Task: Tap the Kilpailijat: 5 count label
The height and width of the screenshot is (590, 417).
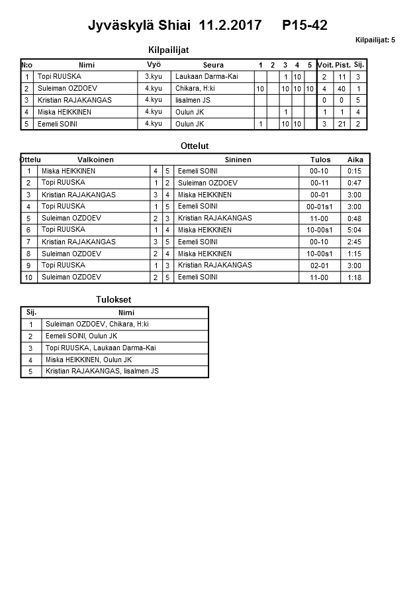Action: coord(375,40)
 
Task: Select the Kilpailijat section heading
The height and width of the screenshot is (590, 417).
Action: coord(173,50)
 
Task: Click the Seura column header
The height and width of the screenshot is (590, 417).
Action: coord(213,65)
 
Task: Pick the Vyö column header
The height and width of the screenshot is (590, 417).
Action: coord(154,65)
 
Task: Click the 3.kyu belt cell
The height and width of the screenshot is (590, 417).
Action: coord(154,77)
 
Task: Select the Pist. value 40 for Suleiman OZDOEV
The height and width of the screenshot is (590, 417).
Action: coord(342,89)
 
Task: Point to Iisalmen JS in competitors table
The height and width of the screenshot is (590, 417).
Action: coord(194,101)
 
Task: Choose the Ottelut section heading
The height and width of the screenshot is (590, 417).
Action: coord(195,146)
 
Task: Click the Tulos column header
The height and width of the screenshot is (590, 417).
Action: coord(320,160)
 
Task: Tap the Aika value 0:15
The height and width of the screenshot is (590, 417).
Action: coord(355,172)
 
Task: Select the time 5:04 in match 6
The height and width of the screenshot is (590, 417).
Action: coord(355,230)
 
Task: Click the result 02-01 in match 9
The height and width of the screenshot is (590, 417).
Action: coord(320,266)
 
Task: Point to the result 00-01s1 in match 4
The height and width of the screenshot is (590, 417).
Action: coord(320,207)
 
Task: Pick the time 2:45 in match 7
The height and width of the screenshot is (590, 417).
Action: coord(355,242)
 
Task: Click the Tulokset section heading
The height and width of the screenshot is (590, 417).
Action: coord(114,300)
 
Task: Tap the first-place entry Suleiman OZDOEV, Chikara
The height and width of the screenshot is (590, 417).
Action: coord(97,324)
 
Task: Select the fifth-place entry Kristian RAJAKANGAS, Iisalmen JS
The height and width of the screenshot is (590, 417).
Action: coord(102,371)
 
